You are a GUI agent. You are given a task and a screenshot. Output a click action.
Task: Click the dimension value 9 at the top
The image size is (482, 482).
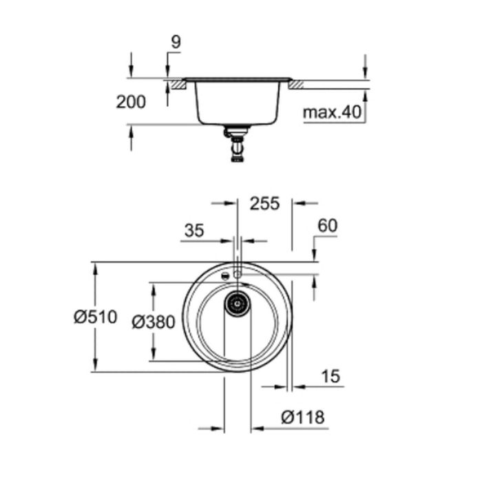[175, 42]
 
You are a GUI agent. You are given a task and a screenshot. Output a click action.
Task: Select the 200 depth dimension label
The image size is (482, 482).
[131, 103]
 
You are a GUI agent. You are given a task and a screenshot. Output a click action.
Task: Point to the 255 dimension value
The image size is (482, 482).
[265, 203]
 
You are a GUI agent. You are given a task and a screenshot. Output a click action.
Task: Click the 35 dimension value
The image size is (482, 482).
[195, 231]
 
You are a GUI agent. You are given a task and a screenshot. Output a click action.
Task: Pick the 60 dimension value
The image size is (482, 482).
[328, 226]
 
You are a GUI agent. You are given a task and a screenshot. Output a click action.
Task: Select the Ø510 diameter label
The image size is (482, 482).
[96, 317]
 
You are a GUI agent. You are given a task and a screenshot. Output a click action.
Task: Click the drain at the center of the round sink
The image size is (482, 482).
[238, 302]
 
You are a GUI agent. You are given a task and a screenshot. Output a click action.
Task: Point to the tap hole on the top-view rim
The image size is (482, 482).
[238, 274]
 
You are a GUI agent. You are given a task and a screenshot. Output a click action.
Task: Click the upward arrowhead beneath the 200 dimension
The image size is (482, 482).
[131, 130]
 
